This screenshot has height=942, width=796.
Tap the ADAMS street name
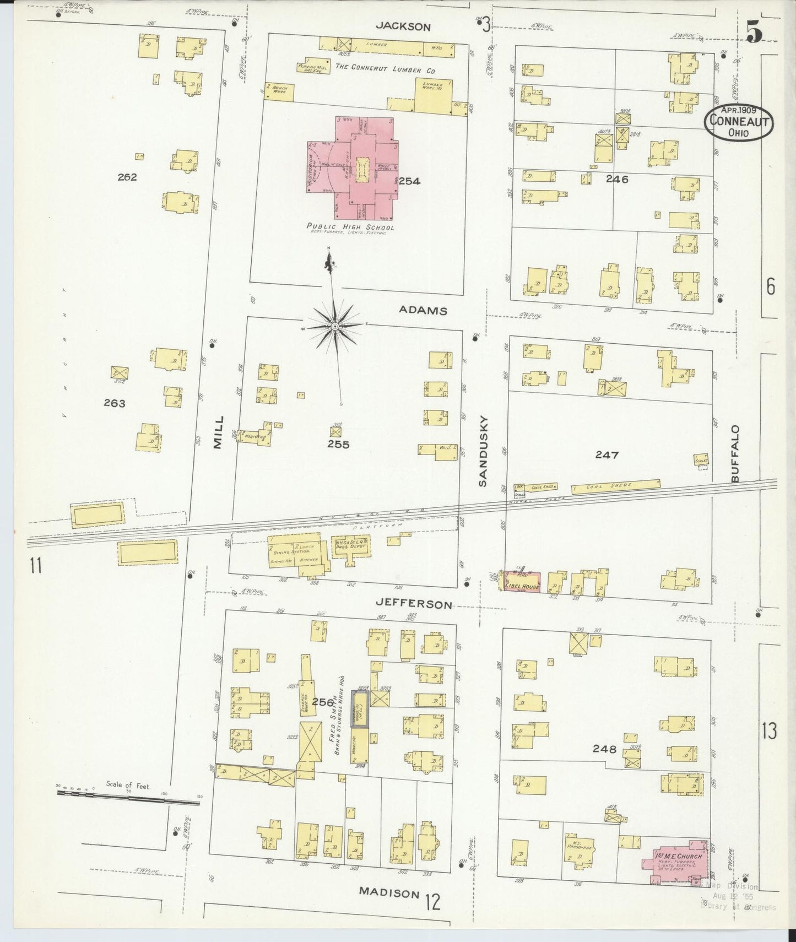click(x=423, y=311)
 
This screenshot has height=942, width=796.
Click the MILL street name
click(x=219, y=432)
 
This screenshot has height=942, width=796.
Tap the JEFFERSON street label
click(x=414, y=604)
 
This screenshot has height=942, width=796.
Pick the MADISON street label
click(x=389, y=892)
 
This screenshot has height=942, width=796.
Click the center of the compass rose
click(x=334, y=327)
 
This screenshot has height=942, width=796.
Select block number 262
click(x=127, y=177)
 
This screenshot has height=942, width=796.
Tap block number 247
click(x=607, y=455)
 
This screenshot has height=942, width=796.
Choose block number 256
click(x=322, y=702)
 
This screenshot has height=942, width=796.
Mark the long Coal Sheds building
click(x=615, y=486)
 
